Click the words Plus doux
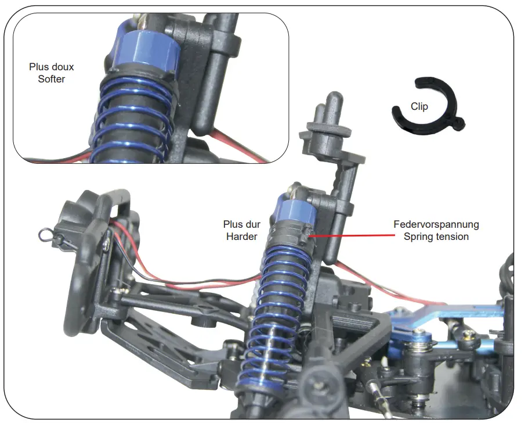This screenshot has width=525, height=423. [52, 67]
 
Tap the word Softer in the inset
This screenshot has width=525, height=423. [52, 78]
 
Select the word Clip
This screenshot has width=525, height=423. [419, 106]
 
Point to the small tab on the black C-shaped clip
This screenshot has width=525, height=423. [460, 123]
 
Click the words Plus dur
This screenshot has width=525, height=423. [242, 224]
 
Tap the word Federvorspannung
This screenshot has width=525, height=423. [436, 224]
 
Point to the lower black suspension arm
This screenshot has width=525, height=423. [162, 349]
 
